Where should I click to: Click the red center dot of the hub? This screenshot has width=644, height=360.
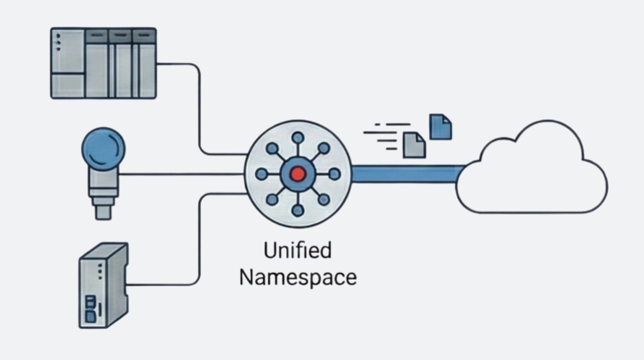click(297, 174)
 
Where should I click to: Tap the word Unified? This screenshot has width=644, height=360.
click(297, 251)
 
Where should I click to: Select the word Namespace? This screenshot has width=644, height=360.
click(298, 277)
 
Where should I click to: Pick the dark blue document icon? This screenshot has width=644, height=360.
click(440, 127)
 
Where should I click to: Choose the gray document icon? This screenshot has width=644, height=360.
click(414, 144)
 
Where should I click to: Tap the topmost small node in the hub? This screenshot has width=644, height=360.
click(297, 138)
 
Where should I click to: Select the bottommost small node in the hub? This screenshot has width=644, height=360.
click(297, 210)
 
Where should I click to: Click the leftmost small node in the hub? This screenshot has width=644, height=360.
click(261, 174)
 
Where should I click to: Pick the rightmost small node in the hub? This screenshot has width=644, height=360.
click(334, 174)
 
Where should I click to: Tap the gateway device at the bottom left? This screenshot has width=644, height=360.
click(101, 285)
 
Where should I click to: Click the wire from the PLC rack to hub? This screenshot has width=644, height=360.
click(198, 109)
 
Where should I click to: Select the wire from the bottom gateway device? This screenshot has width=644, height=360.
click(198, 239)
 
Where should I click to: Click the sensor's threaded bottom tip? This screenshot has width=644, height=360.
click(103, 211)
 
